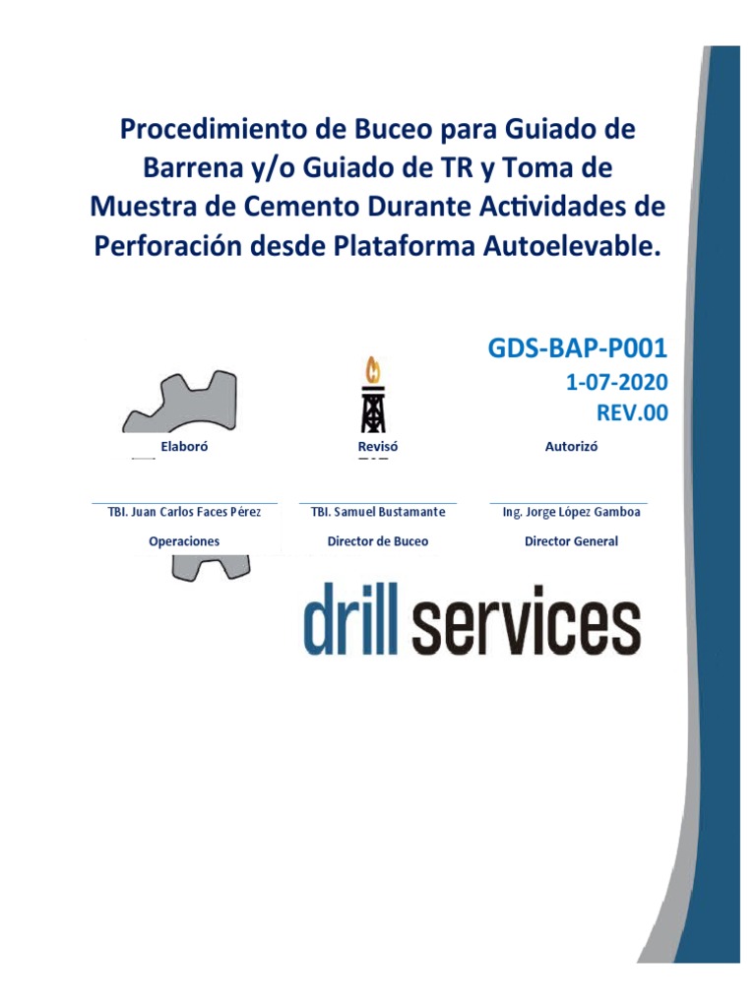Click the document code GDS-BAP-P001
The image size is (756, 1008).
coord(578,347)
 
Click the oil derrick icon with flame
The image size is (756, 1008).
coord(372,397)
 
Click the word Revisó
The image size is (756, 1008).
coord(377,446)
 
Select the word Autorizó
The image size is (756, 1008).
coord(571,446)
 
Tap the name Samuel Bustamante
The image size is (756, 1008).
coord(389,512)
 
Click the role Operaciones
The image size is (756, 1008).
coord(184,541)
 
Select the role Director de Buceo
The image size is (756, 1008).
coord(378,541)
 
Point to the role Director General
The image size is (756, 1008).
coord(571,541)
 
